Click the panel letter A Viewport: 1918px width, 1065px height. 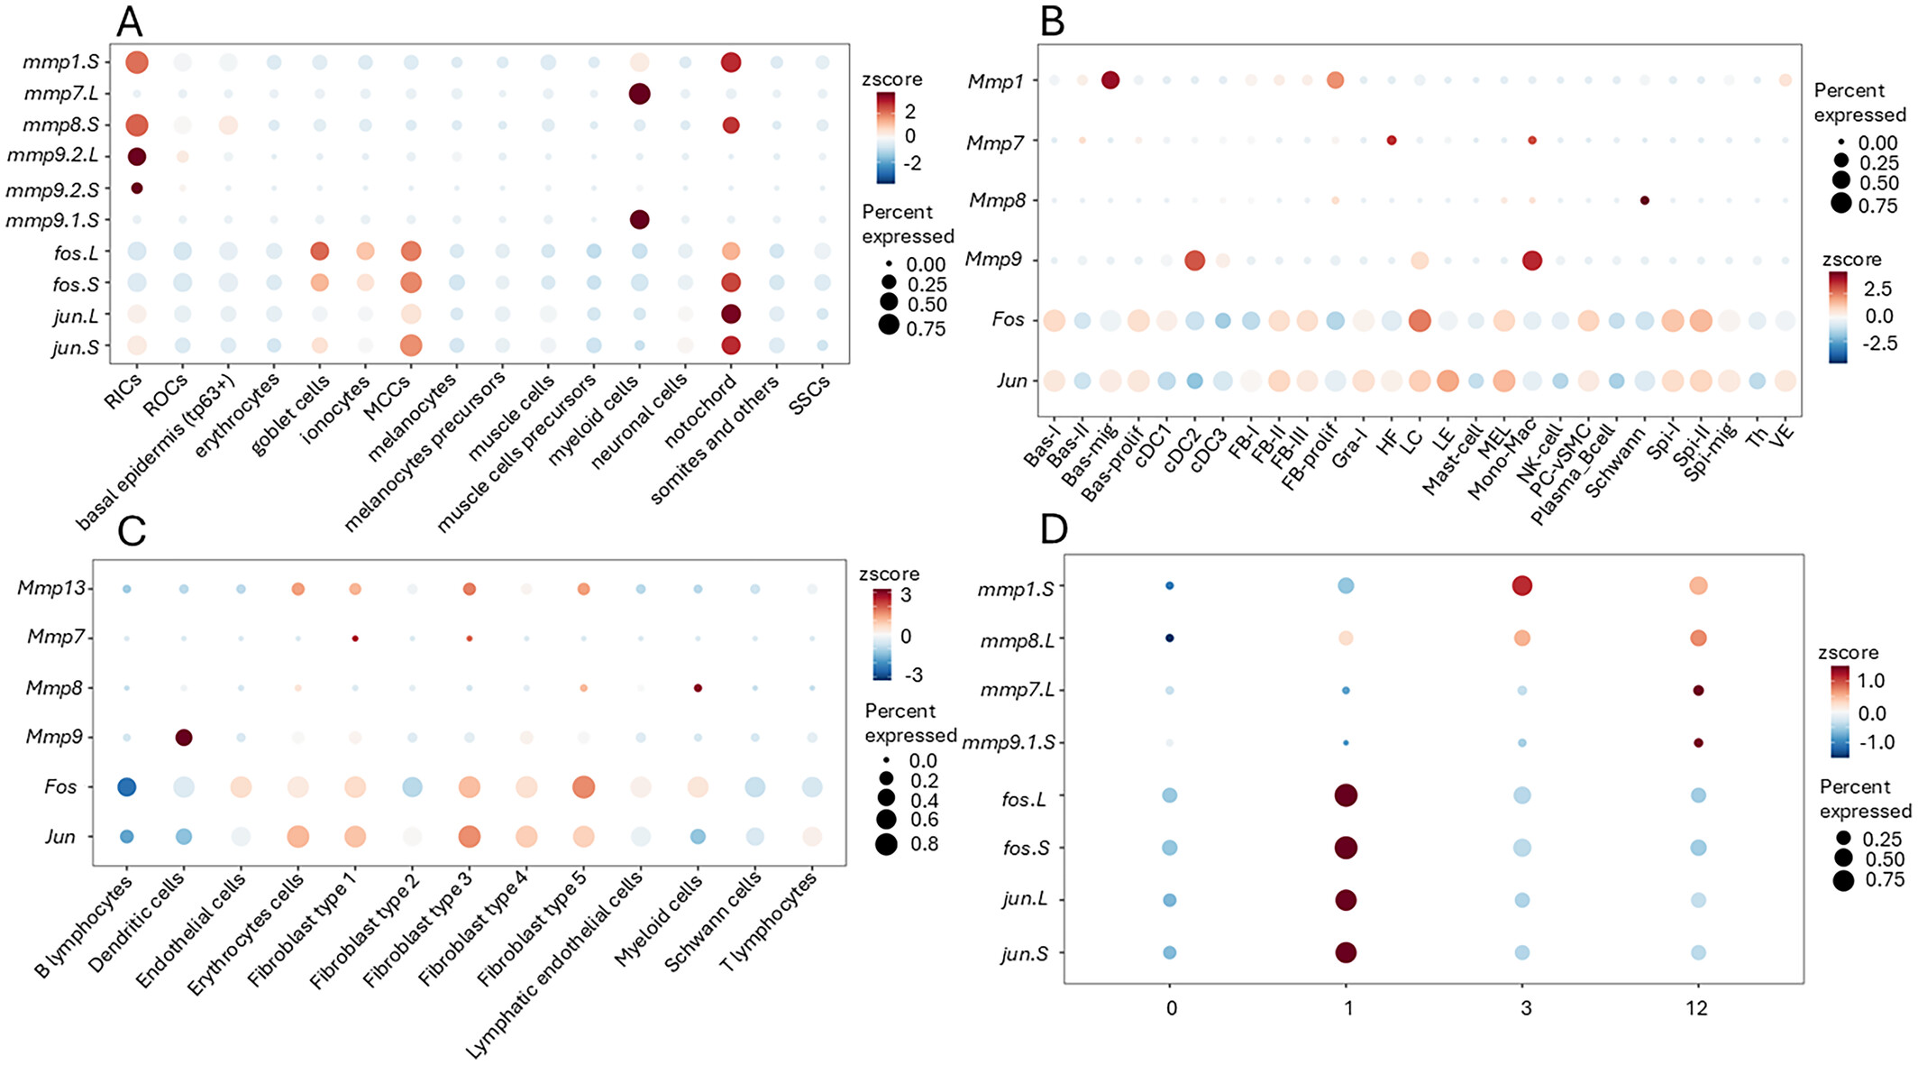(x=130, y=21)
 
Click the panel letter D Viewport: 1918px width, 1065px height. (x=1054, y=530)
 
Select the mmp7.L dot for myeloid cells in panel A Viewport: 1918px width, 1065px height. (x=639, y=94)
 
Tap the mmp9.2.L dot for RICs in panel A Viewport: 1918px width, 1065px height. (x=137, y=156)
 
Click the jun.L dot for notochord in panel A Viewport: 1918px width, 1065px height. (x=731, y=315)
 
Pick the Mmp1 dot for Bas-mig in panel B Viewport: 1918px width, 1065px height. (x=1110, y=80)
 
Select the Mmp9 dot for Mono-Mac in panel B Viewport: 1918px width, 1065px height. (x=1531, y=261)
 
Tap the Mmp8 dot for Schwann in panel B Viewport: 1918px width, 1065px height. (x=1644, y=200)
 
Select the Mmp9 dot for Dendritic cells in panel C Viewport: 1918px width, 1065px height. (x=184, y=738)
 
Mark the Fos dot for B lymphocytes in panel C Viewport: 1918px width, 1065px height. (x=127, y=786)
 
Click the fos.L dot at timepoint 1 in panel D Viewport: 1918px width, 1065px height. (x=1347, y=795)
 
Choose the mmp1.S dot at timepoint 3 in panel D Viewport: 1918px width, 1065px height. (x=1522, y=586)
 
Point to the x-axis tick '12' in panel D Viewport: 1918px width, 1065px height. (x=1697, y=1007)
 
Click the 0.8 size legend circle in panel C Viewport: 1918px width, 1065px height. (x=886, y=844)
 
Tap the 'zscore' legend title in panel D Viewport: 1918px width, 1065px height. (x=1848, y=652)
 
